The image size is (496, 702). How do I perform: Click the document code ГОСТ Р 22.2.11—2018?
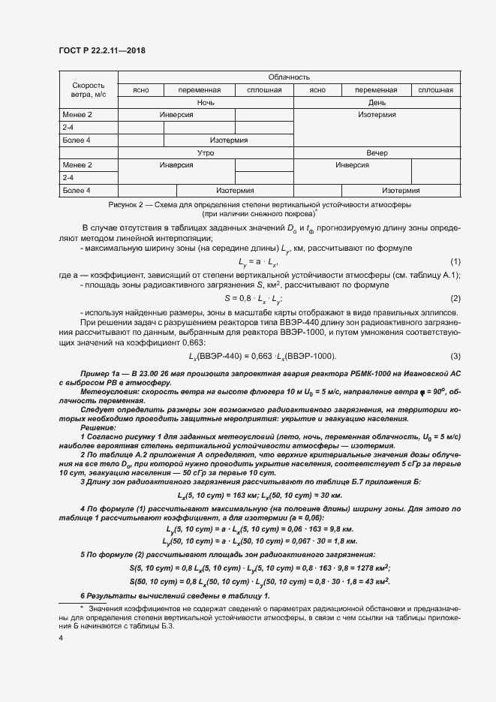[x=101, y=50]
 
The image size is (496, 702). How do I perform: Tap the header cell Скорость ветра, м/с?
[x=89, y=89]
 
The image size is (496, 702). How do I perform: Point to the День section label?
[x=377, y=102]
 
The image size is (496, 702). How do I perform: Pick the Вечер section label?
[x=377, y=152]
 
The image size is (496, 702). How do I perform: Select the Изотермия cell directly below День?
[x=377, y=115]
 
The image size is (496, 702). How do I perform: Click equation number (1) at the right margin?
[x=455, y=261]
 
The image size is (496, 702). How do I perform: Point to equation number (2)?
[x=455, y=299]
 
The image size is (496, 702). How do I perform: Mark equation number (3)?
[x=455, y=355]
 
